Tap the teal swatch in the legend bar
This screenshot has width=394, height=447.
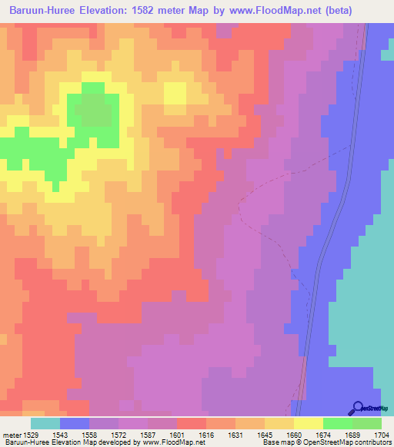(45, 423)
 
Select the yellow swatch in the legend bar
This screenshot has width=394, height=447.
(308, 423)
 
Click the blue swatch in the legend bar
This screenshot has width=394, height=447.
(75, 423)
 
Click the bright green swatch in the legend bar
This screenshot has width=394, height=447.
(337, 423)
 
